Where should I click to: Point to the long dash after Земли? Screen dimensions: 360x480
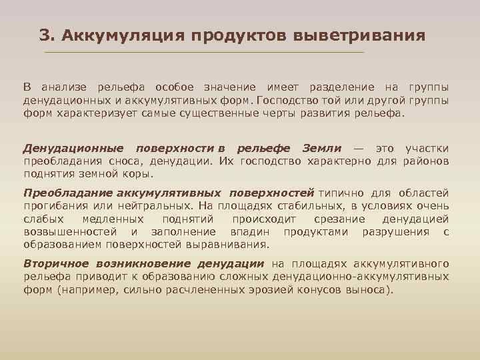click(359, 148)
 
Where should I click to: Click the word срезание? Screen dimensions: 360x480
click(333, 219)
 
